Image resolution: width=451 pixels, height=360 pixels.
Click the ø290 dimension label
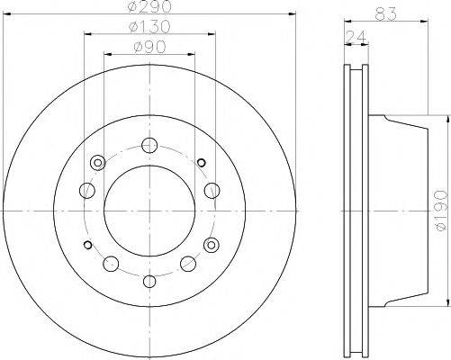[x=149, y=8]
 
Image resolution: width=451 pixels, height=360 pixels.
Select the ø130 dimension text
[x=149, y=27]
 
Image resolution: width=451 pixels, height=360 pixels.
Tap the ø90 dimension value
[x=149, y=45]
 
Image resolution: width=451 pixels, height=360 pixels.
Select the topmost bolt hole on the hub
[x=149, y=144]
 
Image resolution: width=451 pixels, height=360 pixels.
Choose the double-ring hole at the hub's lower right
[x=212, y=244]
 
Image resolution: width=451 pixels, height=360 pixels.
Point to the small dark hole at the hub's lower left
[x=86, y=244]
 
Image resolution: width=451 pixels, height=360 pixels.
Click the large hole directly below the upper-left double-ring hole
[x=86, y=190]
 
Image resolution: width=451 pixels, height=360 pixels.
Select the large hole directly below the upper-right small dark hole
[x=212, y=189]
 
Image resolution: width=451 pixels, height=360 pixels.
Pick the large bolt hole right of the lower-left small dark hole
[x=111, y=264]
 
